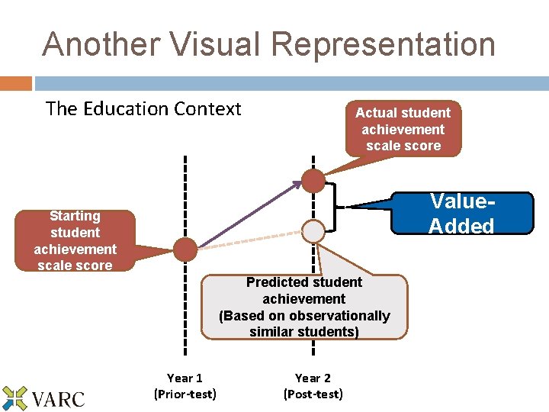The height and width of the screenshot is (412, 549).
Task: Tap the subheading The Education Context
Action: click(143, 108)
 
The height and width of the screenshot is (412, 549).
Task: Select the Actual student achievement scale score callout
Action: click(403, 129)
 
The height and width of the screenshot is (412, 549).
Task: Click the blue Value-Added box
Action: click(461, 213)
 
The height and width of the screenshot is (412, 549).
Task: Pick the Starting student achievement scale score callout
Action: click(75, 240)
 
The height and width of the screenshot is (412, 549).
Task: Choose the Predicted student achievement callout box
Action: click(304, 307)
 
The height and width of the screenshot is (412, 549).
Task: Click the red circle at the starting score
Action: click(185, 249)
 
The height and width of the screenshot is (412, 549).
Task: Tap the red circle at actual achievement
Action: click(313, 180)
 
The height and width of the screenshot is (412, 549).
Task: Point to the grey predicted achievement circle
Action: click(313, 229)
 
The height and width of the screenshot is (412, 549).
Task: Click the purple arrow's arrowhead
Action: click(297, 185)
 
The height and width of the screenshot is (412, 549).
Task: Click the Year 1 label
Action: click(185, 378)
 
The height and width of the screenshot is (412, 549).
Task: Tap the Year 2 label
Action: click(313, 378)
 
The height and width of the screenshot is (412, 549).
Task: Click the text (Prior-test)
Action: click(185, 394)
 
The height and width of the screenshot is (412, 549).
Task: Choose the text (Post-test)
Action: click(313, 394)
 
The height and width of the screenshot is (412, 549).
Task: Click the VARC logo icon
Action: click(14, 398)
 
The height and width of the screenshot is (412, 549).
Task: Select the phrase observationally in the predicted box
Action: click(329, 316)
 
